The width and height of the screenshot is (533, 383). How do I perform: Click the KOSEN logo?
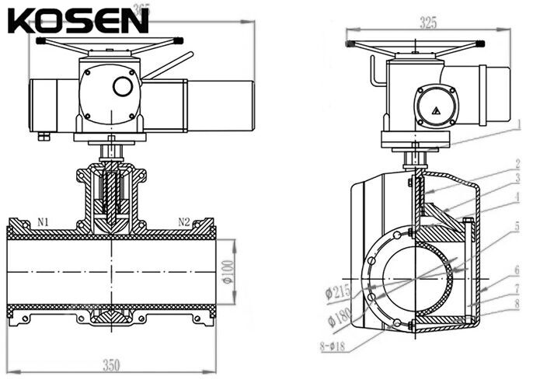pyautogui.click(x=78, y=20)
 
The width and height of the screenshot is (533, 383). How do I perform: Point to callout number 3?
pyautogui.click(x=517, y=179)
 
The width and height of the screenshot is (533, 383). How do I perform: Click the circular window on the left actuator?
pyautogui.click(x=122, y=86)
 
